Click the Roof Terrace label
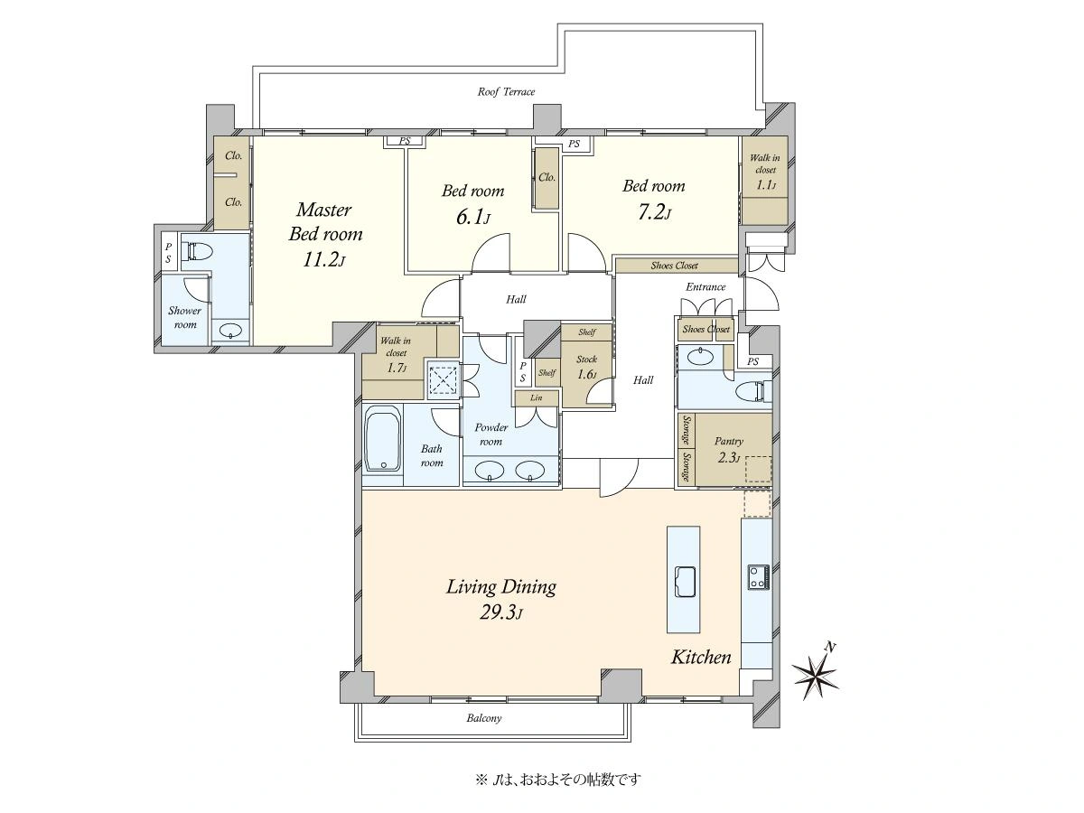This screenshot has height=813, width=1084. (x=506, y=92)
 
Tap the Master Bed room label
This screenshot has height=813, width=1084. (x=325, y=221)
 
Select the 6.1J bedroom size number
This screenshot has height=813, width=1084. (x=473, y=217)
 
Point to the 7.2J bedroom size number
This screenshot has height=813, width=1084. (x=653, y=212)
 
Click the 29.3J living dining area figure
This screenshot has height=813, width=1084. (x=500, y=612)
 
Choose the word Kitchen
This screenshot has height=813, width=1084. (x=701, y=657)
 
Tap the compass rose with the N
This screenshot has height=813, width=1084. (x=816, y=674)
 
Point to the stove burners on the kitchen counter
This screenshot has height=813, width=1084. (x=759, y=576)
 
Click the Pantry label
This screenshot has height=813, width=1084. (x=728, y=442)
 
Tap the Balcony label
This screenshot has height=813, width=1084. (x=484, y=718)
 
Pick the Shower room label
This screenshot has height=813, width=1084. (x=184, y=317)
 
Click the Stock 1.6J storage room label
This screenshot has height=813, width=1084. (x=586, y=366)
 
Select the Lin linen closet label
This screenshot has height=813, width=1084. (x=536, y=397)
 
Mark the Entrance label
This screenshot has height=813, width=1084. (x=706, y=286)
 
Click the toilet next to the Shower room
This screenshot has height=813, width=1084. (x=197, y=251)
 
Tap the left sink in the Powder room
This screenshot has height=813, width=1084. (x=490, y=470)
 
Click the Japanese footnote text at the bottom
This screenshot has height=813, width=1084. (x=558, y=780)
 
